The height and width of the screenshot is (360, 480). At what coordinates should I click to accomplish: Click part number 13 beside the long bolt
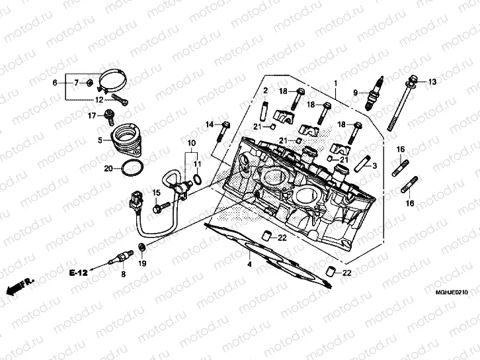[x=432, y=82]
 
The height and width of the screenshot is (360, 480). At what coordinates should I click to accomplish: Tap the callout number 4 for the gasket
[x=249, y=265]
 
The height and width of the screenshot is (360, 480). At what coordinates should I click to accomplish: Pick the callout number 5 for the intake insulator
[x=100, y=140]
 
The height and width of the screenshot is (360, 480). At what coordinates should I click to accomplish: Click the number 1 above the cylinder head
[x=335, y=83]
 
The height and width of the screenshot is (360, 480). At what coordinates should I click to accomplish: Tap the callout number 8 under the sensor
[x=122, y=273]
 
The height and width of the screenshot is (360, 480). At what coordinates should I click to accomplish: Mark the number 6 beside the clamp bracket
[x=56, y=83]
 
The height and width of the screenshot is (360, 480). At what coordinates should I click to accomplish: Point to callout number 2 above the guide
[x=265, y=91]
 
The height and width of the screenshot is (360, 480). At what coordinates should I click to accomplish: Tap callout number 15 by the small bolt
[x=157, y=193]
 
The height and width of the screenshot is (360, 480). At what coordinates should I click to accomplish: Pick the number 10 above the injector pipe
[x=191, y=144]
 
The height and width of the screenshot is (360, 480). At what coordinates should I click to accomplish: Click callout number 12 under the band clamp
[x=98, y=100]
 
